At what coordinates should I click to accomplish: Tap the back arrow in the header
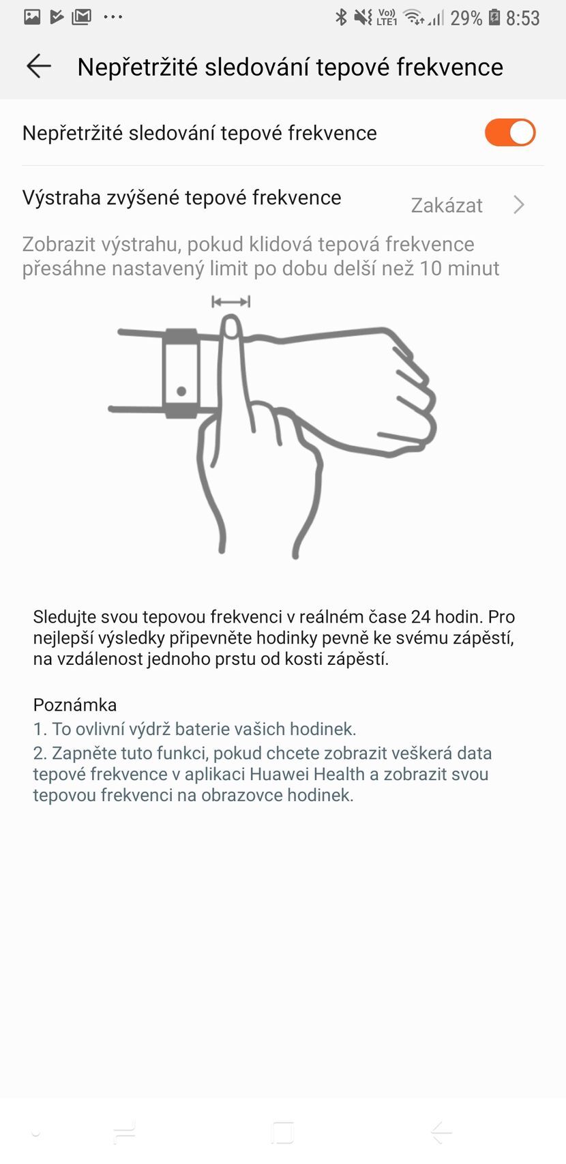pos(39,66)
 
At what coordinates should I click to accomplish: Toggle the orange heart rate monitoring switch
pos(510,132)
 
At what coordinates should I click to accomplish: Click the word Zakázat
pos(447,205)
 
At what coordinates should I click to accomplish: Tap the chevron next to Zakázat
pos(519,205)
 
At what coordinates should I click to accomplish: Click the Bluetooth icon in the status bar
pos(341,17)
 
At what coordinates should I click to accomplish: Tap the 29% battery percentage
pos(466,18)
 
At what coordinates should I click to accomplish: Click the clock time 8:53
pos(523,18)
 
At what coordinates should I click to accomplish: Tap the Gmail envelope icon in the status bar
pos(81,16)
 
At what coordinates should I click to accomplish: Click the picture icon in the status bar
pos(32,16)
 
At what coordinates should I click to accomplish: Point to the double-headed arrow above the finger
pos(231,301)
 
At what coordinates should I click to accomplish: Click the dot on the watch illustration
pos(181,391)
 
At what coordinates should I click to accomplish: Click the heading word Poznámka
pos(75,704)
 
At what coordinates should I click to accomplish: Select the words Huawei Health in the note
pos(307,774)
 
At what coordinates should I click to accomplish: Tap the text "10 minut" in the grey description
pos(459,268)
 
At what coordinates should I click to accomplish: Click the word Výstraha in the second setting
pos(61,198)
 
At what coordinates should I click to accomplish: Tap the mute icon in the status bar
pos(363,17)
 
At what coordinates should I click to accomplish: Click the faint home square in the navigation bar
pos(282,1132)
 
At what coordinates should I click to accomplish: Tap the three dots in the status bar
pos(113,16)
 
